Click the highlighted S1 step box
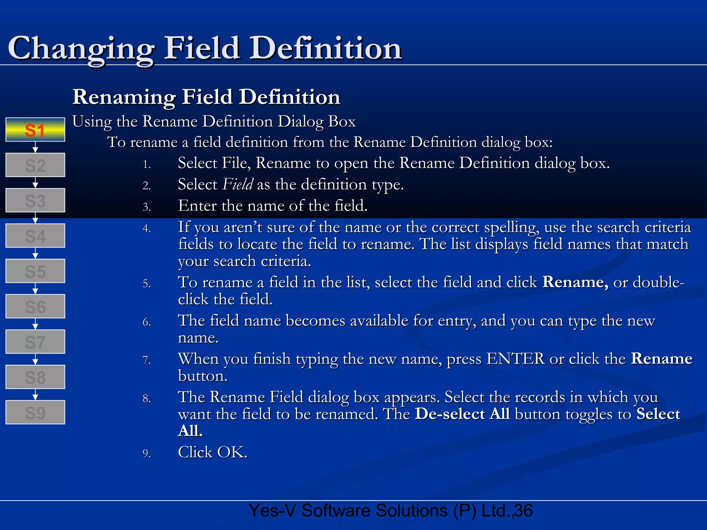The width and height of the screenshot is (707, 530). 35,130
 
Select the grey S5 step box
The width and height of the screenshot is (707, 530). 35,271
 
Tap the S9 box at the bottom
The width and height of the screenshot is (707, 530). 35,412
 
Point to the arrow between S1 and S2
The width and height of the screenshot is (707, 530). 35,148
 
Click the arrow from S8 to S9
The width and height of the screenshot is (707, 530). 35,395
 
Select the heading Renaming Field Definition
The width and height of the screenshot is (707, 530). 206,97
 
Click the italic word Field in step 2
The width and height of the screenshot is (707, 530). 238,185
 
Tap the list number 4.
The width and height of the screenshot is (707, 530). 147,229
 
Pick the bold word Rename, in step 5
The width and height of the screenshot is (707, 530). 575,282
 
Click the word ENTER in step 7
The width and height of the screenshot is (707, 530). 515,359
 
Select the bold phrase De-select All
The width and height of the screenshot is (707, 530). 462,414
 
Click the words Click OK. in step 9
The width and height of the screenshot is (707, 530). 213,452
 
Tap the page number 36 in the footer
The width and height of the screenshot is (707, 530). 523,511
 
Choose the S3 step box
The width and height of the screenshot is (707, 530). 35,200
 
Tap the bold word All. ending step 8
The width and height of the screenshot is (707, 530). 190,431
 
